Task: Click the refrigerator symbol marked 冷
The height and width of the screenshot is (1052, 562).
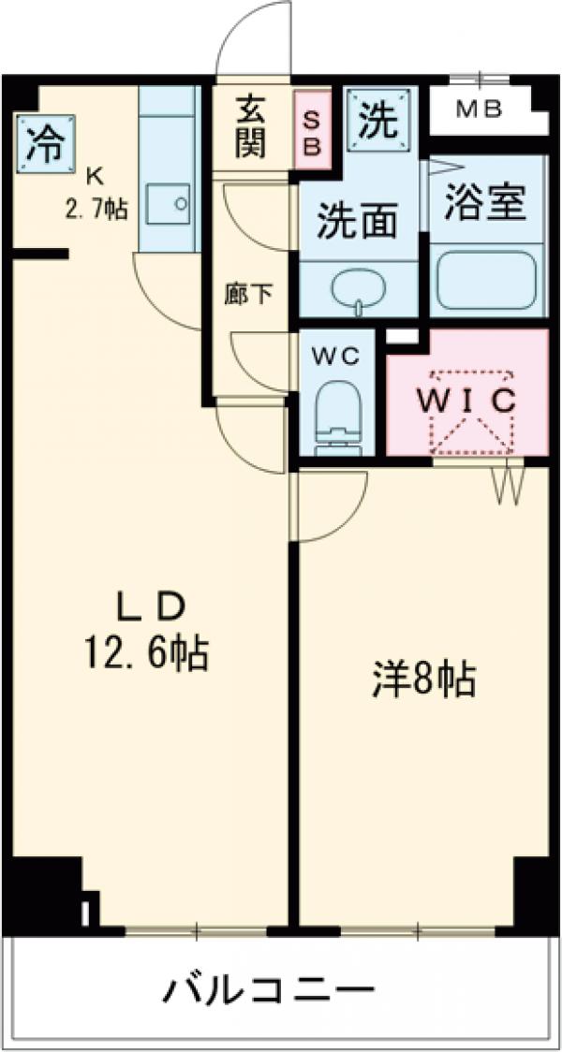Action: click(42, 142)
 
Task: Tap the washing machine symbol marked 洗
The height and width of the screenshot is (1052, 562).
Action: click(380, 119)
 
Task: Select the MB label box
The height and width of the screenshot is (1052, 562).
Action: click(480, 110)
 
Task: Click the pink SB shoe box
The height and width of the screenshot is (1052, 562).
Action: click(313, 130)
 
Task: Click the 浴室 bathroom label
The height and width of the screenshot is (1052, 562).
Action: click(484, 204)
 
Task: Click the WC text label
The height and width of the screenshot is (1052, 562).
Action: click(335, 357)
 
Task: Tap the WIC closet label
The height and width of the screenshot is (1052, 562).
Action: click(466, 401)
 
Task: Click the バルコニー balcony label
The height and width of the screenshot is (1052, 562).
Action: click(271, 989)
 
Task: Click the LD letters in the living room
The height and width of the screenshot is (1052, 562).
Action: click(148, 608)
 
